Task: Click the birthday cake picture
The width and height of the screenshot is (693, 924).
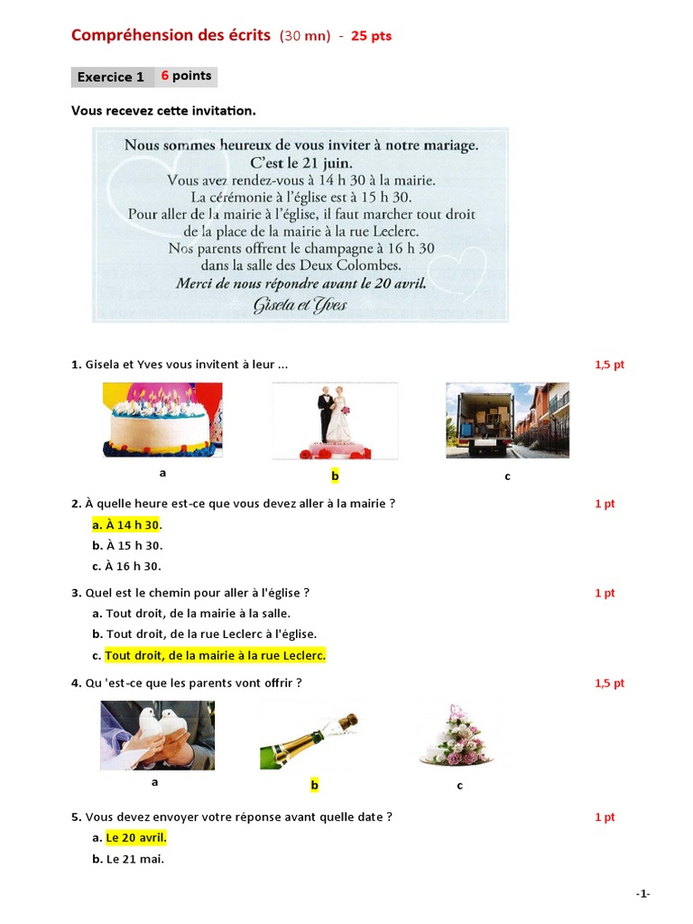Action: point(162,420)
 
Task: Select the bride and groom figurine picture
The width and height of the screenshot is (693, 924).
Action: point(335,420)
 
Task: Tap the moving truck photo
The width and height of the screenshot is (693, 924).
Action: point(507,420)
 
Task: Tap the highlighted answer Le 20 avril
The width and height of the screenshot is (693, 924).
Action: point(135,838)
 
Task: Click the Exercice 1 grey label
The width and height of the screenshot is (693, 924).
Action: point(111,77)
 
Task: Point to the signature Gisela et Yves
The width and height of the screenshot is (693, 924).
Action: point(300,305)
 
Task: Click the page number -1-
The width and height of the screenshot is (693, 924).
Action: point(642,893)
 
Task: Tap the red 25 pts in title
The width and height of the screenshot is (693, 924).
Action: point(371,37)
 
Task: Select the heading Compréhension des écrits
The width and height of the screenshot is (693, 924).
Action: point(171,36)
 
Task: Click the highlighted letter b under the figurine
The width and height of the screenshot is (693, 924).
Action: point(335,476)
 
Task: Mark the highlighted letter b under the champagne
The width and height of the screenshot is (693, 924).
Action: point(315,786)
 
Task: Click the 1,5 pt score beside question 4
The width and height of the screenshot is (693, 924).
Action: point(609,683)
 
